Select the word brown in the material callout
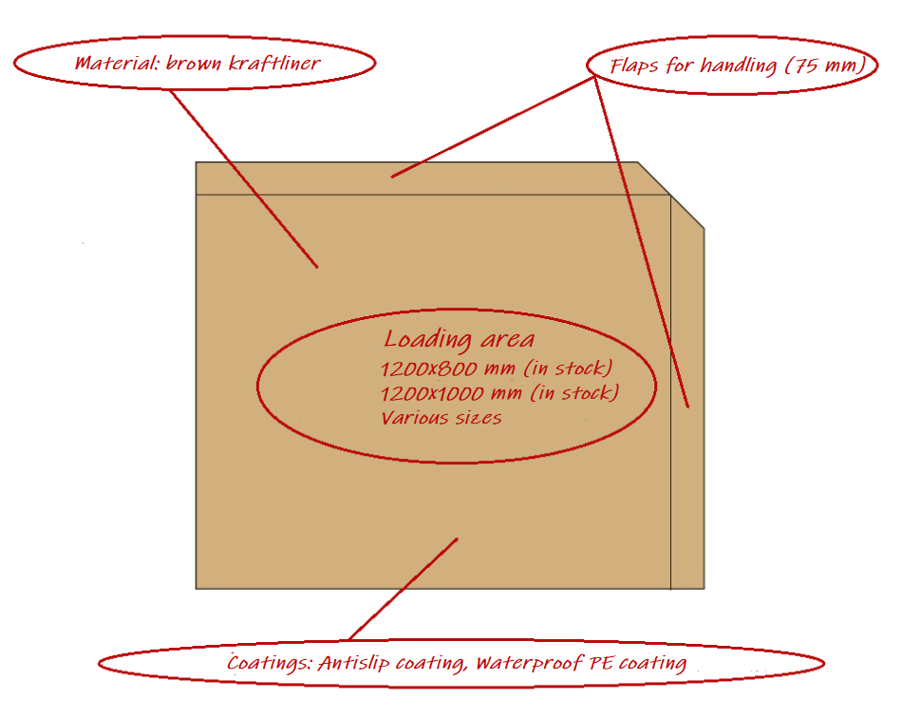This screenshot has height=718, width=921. click(x=195, y=63)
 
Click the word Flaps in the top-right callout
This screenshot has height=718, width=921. click(x=634, y=66)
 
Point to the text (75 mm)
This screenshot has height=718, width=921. click(x=825, y=65)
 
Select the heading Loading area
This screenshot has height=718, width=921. click(x=460, y=340)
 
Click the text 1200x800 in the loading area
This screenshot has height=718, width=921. click(x=429, y=369)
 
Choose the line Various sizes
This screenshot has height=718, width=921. click(x=442, y=418)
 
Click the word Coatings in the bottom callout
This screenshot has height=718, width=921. click(x=270, y=663)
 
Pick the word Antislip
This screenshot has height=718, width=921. click(x=353, y=663)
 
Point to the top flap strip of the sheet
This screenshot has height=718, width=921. click(x=432, y=178)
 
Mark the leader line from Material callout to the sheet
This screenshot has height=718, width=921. click(x=244, y=179)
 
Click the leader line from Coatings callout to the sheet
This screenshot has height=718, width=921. click(x=403, y=589)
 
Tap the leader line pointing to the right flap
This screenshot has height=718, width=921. click(x=641, y=241)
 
